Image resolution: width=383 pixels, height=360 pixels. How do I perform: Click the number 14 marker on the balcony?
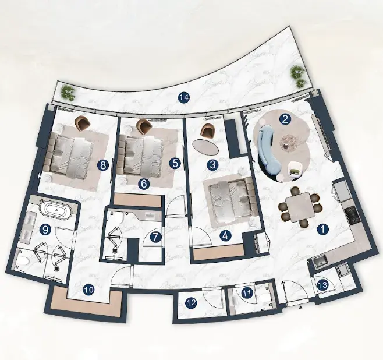[183, 97]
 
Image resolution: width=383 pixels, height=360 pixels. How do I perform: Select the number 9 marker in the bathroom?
[45, 230]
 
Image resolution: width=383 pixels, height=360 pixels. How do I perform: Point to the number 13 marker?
[322, 285]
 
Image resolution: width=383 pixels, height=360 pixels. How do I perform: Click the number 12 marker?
[191, 303]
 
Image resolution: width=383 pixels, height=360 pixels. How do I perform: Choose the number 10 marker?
[88, 290]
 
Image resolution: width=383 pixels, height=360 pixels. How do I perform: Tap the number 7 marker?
[155, 237]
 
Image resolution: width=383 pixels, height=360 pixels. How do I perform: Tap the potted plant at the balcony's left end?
[68, 93]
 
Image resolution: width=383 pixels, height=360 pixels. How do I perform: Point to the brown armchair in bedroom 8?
[83, 123]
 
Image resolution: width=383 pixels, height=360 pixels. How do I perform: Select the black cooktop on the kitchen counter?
[353, 216]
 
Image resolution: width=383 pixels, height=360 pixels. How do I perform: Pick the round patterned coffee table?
[289, 142]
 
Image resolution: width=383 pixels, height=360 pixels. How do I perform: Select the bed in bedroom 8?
[69, 156]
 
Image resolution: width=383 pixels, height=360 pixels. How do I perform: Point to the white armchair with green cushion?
[295, 168]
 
